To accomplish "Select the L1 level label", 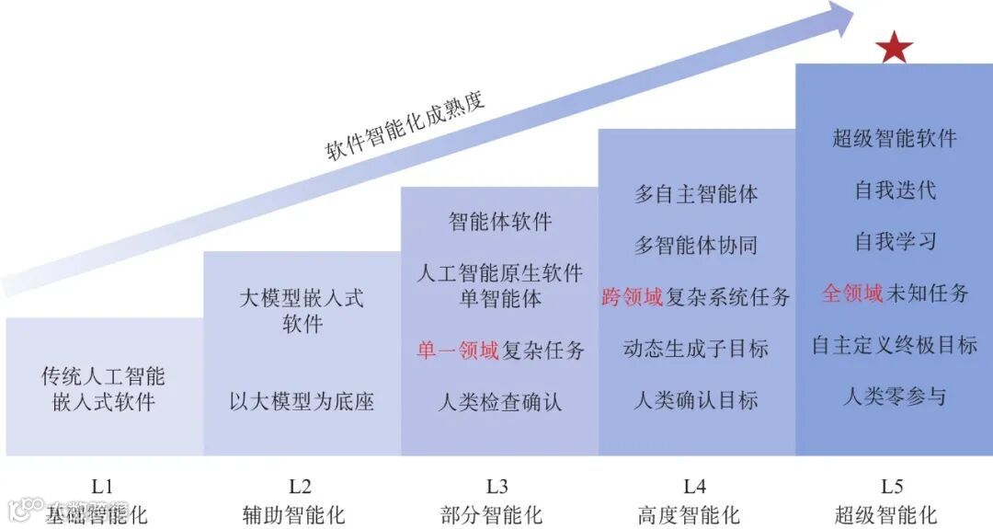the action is (x=102, y=487).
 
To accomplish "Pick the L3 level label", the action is (x=498, y=487).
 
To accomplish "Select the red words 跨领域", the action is (x=631, y=297).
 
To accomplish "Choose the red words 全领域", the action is (x=851, y=293).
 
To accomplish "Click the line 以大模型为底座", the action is (x=302, y=402).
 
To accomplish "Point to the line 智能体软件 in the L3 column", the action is (x=499, y=222).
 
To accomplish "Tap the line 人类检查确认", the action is (x=499, y=402).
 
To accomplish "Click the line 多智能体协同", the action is (x=696, y=246).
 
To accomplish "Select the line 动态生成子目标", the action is (x=696, y=349).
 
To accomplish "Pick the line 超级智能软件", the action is (x=895, y=139).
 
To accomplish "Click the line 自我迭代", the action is (x=895, y=190).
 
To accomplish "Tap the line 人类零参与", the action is (x=895, y=397).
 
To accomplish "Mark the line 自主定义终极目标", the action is (x=895, y=345).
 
